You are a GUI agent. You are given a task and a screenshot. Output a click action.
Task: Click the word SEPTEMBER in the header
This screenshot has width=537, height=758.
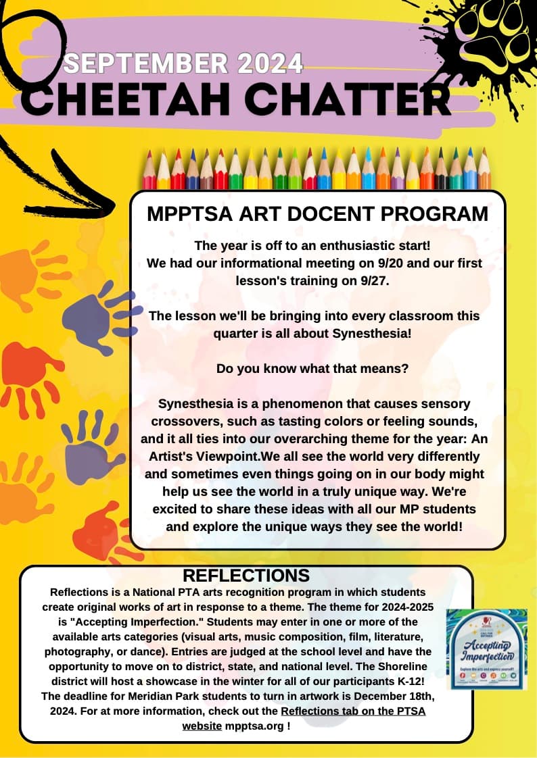[146, 64]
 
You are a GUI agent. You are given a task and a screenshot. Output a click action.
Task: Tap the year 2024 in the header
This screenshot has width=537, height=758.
[270, 64]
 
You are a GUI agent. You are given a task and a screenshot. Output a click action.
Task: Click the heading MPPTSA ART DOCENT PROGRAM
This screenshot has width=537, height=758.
[317, 213]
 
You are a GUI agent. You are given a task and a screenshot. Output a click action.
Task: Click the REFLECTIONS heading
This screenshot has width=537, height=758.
[246, 576]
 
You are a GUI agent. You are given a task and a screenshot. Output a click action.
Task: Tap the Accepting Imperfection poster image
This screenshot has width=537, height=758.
[487, 649]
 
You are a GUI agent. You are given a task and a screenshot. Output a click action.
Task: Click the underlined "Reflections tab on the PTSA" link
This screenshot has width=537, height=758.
[353, 711]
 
